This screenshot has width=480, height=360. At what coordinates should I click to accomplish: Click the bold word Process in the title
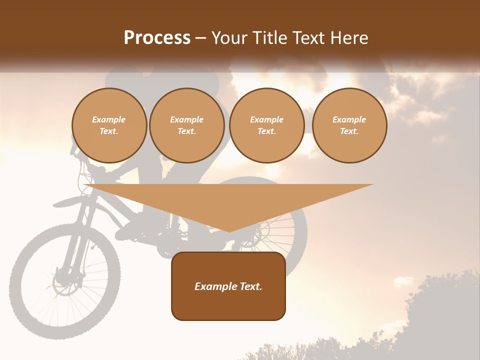pos(157,38)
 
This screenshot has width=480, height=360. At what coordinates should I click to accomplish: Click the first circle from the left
pos(109,125)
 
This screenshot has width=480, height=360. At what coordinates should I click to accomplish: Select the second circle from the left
pos(186,125)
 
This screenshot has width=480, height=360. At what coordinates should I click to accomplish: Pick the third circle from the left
pos(266,125)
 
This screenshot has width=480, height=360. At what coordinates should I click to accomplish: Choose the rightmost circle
pos(349,125)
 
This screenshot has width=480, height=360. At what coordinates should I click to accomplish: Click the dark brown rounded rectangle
pos(228,286)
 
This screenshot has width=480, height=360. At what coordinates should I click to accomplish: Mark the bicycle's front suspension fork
pos(75,240)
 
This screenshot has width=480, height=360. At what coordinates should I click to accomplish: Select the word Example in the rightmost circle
pos(349,119)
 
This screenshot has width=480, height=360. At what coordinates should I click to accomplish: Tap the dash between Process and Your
pos(200,38)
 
